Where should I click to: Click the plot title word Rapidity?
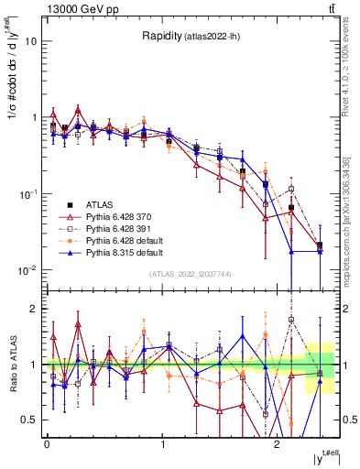coord(161,36)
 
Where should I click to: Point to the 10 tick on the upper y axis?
coord(31,42)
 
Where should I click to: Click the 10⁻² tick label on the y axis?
coord(27,270)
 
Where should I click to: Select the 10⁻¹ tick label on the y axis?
coord(27,194)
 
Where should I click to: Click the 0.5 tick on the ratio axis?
coord(29,420)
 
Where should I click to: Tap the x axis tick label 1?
coord(162,443)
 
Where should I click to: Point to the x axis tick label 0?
coord(47,443)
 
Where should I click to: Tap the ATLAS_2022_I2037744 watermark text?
coord(191,274)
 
